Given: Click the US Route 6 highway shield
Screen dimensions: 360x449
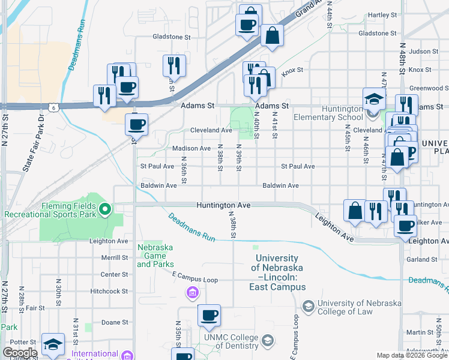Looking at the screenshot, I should [x=54, y=107].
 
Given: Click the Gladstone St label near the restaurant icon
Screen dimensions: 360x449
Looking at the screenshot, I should [x=171, y=37].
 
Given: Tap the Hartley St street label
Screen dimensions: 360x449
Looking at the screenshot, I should [x=382, y=15].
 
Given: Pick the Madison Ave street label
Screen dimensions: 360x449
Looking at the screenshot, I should [x=191, y=148].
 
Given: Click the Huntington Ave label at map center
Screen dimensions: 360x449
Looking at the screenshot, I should [x=223, y=205].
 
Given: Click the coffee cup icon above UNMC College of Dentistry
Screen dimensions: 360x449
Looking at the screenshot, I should [x=209, y=316].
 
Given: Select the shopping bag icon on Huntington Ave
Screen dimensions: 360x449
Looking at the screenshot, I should [x=355, y=211].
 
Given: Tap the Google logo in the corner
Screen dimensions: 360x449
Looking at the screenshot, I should [x=20, y=353].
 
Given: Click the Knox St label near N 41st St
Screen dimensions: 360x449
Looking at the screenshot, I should [x=292, y=70].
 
